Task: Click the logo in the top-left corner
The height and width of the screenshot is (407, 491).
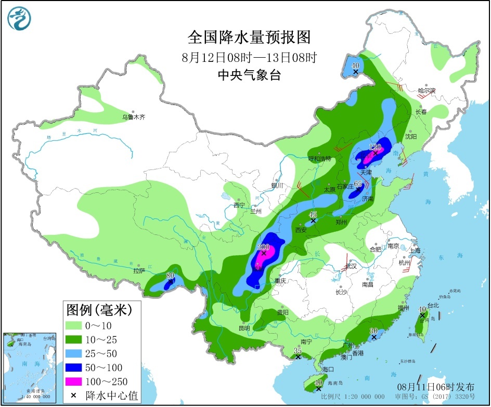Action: (19, 18)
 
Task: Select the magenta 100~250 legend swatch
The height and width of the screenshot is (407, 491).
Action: (74, 382)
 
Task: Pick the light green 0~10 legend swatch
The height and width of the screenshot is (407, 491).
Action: (74, 325)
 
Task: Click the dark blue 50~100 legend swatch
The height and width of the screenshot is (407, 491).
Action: (74, 367)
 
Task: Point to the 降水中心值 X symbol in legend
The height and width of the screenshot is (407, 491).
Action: (74, 396)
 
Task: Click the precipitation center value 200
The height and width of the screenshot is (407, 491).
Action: (264, 247)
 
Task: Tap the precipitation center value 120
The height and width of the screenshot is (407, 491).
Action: (375, 147)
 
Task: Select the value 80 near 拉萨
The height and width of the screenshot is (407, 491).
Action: (170, 275)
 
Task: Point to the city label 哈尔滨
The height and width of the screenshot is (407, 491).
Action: (427, 90)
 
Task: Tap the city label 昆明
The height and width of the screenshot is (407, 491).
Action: (244, 328)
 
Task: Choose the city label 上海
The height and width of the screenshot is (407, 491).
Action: (415, 250)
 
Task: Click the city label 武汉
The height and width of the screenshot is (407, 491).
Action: (351, 266)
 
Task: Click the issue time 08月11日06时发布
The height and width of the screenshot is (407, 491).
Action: (435, 387)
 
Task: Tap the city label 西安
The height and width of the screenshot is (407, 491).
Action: (301, 229)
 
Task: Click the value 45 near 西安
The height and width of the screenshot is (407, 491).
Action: (313, 215)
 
